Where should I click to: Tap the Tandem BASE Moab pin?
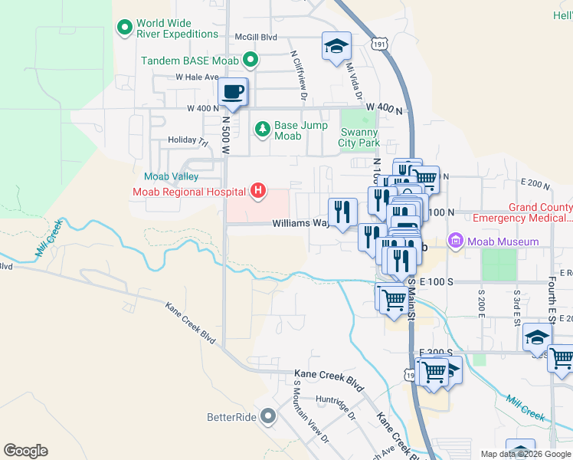pyautogui.click(x=250, y=59)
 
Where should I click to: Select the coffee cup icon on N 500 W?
pyautogui.click(x=232, y=92)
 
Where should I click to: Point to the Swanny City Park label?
pyautogui.click(x=359, y=137)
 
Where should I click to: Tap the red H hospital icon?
pyautogui.click(x=259, y=191)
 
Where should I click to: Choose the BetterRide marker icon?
pyautogui.click(x=267, y=417)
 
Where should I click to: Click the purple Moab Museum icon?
pyautogui.click(x=456, y=242)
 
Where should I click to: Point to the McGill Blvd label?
pyautogui.click(x=256, y=37)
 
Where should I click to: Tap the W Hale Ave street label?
pyautogui.click(x=197, y=77)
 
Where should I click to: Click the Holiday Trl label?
pyautogui.click(x=188, y=141)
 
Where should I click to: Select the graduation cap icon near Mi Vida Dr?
pyautogui.click(x=336, y=46)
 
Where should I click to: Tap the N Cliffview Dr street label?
pyautogui.click(x=298, y=76)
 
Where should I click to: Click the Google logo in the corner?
pyautogui.click(x=25, y=451)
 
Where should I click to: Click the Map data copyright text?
pyautogui.click(x=526, y=454)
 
